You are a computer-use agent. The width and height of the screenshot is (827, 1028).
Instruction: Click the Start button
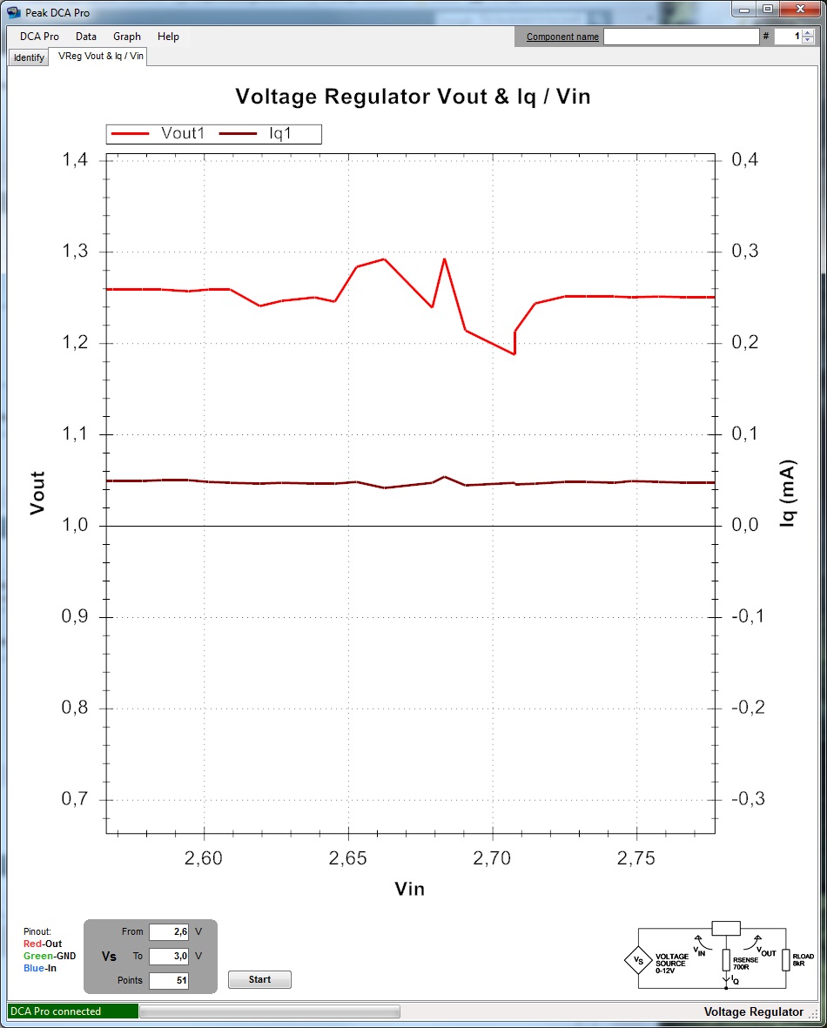(259, 979)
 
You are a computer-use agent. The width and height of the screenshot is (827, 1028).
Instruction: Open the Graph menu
(126, 37)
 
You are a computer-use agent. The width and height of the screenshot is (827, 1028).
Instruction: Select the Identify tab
(29, 57)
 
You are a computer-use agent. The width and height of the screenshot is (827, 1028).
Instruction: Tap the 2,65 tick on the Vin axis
(348, 857)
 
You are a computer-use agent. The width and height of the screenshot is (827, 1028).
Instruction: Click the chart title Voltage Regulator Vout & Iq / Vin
(413, 97)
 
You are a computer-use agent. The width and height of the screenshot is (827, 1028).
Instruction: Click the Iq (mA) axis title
(788, 494)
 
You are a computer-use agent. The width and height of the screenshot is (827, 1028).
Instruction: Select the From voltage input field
(169, 931)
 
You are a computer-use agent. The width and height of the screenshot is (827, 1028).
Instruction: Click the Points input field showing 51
(169, 980)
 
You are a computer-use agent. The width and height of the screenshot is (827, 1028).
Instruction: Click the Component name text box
(681, 37)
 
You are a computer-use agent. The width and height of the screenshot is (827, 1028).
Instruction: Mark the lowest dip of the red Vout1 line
(514, 353)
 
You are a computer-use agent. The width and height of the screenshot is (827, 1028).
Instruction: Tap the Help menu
(168, 37)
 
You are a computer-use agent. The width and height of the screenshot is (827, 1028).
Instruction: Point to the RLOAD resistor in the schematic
(786, 960)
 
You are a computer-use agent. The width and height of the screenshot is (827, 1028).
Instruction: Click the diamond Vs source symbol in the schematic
(638, 960)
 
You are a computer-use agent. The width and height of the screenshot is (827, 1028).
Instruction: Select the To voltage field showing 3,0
(169, 956)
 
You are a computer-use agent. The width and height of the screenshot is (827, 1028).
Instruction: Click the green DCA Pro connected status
(72, 1011)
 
